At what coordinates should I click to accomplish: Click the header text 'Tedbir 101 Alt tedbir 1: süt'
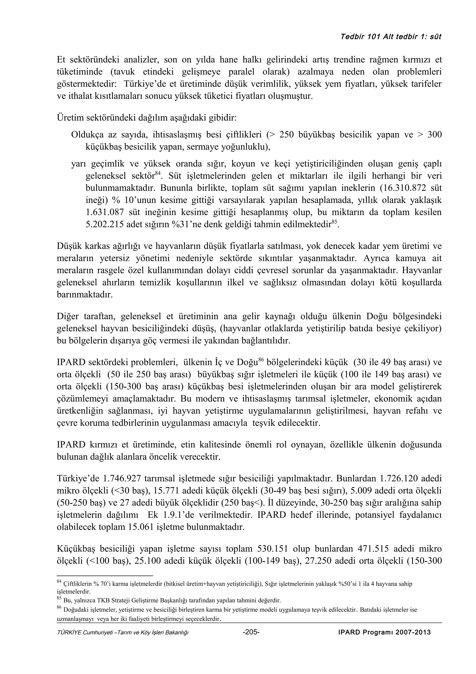(x=391, y=37)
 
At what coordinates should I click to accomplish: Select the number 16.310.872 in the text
(x=410, y=188)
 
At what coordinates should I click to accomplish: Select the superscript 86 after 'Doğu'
(x=261, y=360)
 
